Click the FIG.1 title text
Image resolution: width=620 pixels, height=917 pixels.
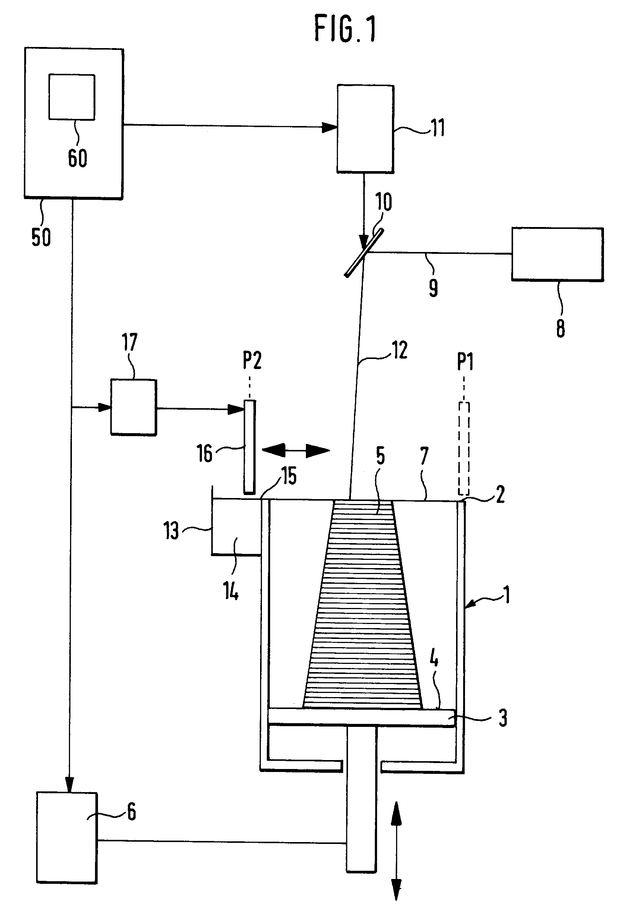click(x=345, y=28)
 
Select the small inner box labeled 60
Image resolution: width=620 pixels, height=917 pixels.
click(x=72, y=97)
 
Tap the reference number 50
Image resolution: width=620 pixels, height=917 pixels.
click(x=41, y=237)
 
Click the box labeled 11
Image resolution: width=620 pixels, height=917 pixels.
click(x=365, y=129)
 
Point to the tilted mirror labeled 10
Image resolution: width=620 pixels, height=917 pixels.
click(x=364, y=252)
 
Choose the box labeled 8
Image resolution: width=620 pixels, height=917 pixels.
click(x=557, y=254)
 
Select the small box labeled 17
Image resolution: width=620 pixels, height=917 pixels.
click(x=133, y=407)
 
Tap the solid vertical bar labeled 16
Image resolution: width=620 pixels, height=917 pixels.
click(x=249, y=447)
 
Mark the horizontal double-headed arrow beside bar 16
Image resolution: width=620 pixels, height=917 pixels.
click(x=296, y=450)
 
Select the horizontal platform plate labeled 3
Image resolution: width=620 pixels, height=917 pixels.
click(x=361, y=716)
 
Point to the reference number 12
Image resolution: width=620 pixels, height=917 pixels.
click(x=400, y=350)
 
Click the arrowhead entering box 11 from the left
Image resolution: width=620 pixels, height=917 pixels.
click(x=330, y=127)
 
